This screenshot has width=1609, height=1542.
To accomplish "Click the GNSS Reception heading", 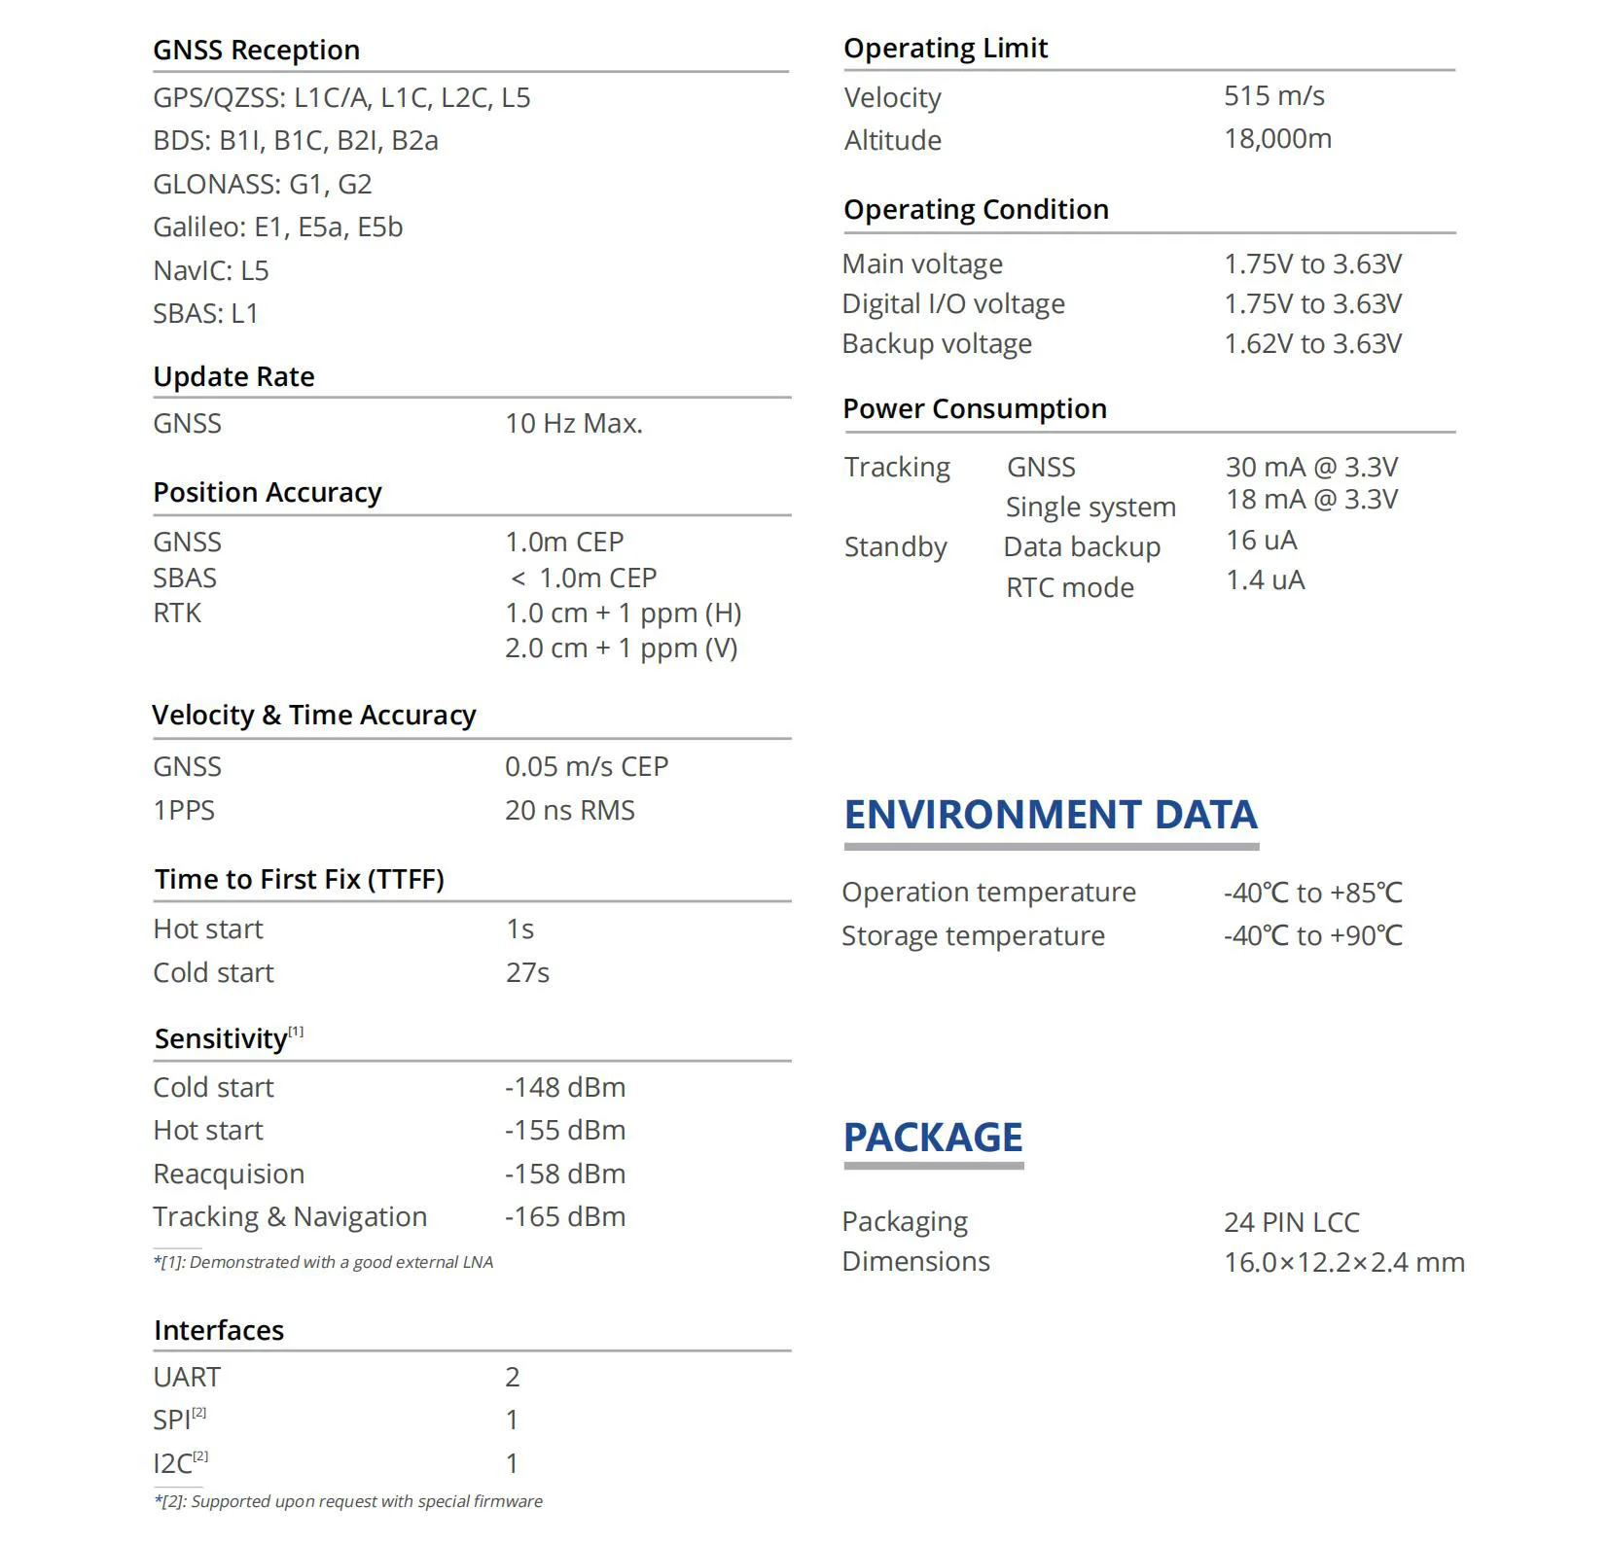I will (x=256, y=50).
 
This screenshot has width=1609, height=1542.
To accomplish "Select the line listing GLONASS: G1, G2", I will (x=262, y=184).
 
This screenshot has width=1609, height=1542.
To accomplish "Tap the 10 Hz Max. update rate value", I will (x=573, y=423).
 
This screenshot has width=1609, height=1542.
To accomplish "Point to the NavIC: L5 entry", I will (x=210, y=270).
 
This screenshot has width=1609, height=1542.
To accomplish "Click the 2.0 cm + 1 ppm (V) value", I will (x=621, y=648).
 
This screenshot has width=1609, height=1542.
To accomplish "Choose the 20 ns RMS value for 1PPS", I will (x=569, y=810).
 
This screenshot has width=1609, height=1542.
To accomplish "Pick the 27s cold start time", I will (x=527, y=972).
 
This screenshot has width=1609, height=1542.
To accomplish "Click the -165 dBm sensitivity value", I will (x=564, y=1216).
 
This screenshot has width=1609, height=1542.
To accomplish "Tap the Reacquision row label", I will (x=229, y=1174).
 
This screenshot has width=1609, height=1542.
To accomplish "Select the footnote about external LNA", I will (x=323, y=1262).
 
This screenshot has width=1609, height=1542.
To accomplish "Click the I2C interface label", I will (x=173, y=1463).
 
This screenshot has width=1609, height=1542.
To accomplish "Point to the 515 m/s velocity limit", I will (x=1273, y=95).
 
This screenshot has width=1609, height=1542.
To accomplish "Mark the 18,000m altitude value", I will (x=1277, y=138).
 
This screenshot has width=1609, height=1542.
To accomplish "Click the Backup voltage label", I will (x=936, y=343).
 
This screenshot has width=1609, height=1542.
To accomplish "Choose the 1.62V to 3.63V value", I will (x=1312, y=343).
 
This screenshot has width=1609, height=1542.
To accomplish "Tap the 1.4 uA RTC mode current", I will (x=1265, y=579).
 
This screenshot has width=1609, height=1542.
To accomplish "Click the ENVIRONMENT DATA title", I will (x=1050, y=814).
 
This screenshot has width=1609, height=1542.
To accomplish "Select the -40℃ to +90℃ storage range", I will (x=1312, y=935).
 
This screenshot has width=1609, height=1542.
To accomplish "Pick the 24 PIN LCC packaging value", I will (x=1291, y=1221).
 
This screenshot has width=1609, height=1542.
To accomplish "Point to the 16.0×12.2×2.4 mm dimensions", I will (x=1343, y=1262).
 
